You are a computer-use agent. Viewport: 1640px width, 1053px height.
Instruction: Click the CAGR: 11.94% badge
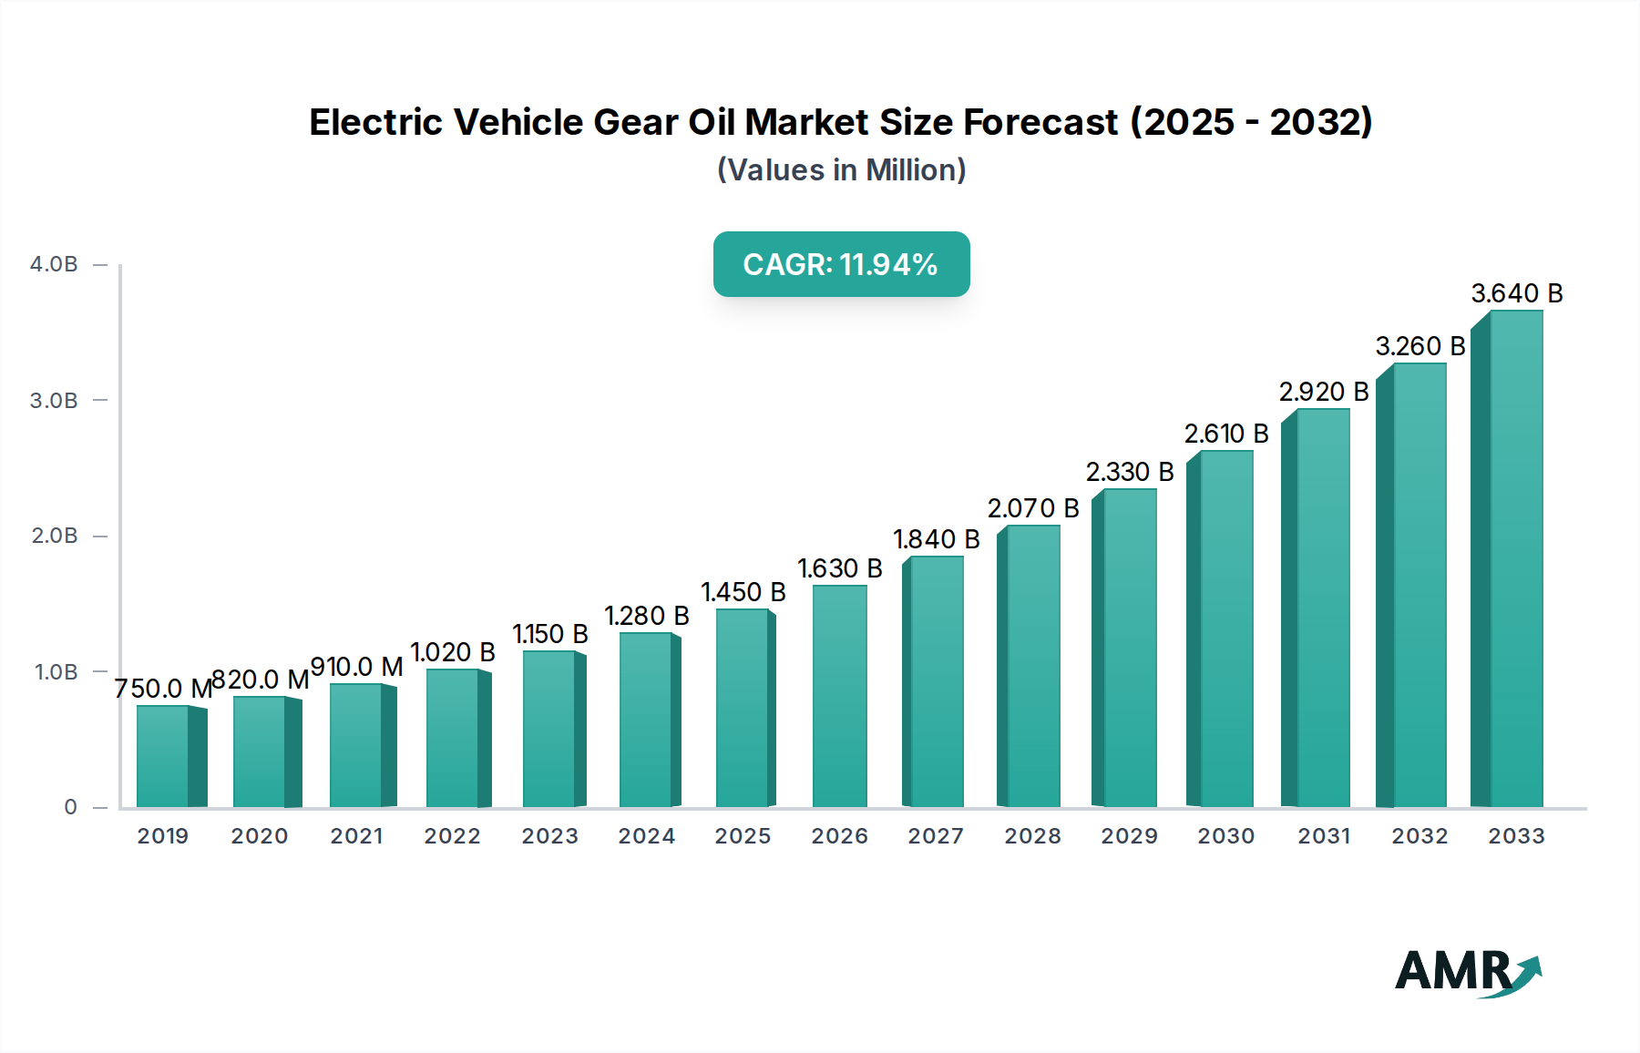[x=841, y=264]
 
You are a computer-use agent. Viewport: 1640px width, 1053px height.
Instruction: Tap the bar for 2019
[x=164, y=756]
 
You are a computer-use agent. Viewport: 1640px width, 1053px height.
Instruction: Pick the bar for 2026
[x=839, y=697]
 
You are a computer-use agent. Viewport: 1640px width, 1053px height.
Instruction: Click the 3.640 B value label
[x=1516, y=293]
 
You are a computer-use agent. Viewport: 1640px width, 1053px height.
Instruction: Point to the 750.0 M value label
[x=163, y=689]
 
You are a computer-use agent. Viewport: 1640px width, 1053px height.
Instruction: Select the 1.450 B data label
[x=743, y=592]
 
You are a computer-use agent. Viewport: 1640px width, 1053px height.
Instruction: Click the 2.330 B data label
[x=1129, y=472]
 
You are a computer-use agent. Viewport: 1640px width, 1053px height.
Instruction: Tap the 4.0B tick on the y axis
[x=54, y=264]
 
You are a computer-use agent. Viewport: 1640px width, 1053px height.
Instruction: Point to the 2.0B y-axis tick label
[x=54, y=536]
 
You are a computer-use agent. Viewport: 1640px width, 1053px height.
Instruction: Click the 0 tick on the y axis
[x=70, y=807]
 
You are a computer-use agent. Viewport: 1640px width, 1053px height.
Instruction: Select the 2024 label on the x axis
[x=646, y=836]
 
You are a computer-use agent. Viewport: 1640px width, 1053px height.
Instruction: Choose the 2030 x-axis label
[x=1225, y=836]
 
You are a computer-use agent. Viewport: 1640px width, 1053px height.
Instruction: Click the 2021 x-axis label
[x=356, y=836]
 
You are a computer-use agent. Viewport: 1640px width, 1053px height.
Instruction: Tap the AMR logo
[x=1467, y=972]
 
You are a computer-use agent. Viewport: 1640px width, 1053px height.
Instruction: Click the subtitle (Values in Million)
[x=841, y=170]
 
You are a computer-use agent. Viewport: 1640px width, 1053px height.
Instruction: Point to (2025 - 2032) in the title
[x=1250, y=122]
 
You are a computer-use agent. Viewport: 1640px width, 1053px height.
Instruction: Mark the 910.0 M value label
[x=356, y=667]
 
